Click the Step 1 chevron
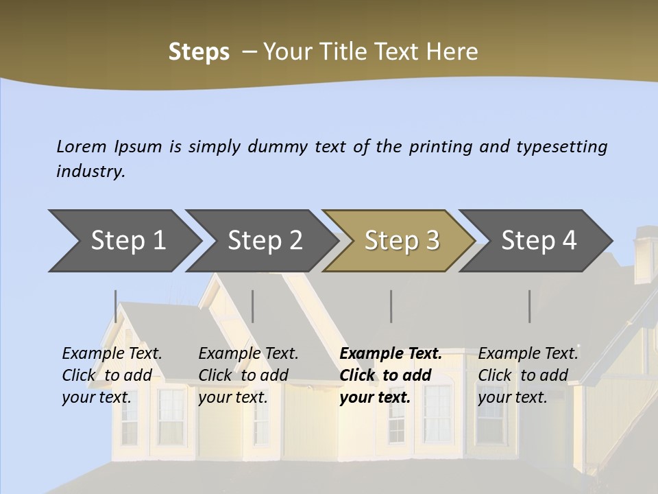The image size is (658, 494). pyautogui.click(x=127, y=241)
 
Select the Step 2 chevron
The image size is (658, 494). pyautogui.click(x=264, y=241)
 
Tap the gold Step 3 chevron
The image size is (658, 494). pyautogui.click(x=401, y=241)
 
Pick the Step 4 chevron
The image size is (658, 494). pyautogui.click(x=538, y=241)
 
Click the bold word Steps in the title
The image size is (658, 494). pyautogui.click(x=199, y=52)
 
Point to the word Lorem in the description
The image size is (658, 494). pyautogui.click(x=82, y=147)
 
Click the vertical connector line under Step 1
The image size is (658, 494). pyautogui.click(x=116, y=306)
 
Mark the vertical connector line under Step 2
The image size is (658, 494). pyautogui.click(x=253, y=306)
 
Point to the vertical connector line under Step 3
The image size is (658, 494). pyautogui.click(x=391, y=306)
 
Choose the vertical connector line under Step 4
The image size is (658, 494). pyautogui.click(x=530, y=306)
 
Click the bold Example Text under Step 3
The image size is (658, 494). pyautogui.click(x=391, y=354)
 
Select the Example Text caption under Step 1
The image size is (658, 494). pyautogui.click(x=112, y=354)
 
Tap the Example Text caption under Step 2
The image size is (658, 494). pyautogui.click(x=248, y=354)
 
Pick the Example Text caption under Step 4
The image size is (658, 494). pyautogui.click(x=528, y=354)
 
